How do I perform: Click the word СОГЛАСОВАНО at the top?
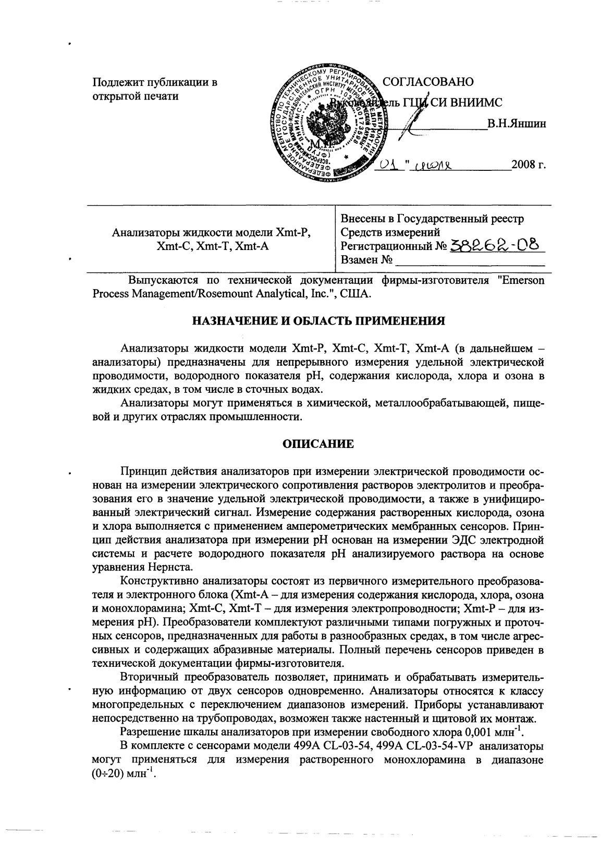point(428,82)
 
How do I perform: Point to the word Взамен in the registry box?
point(359,259)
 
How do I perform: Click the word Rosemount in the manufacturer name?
point(223,294)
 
